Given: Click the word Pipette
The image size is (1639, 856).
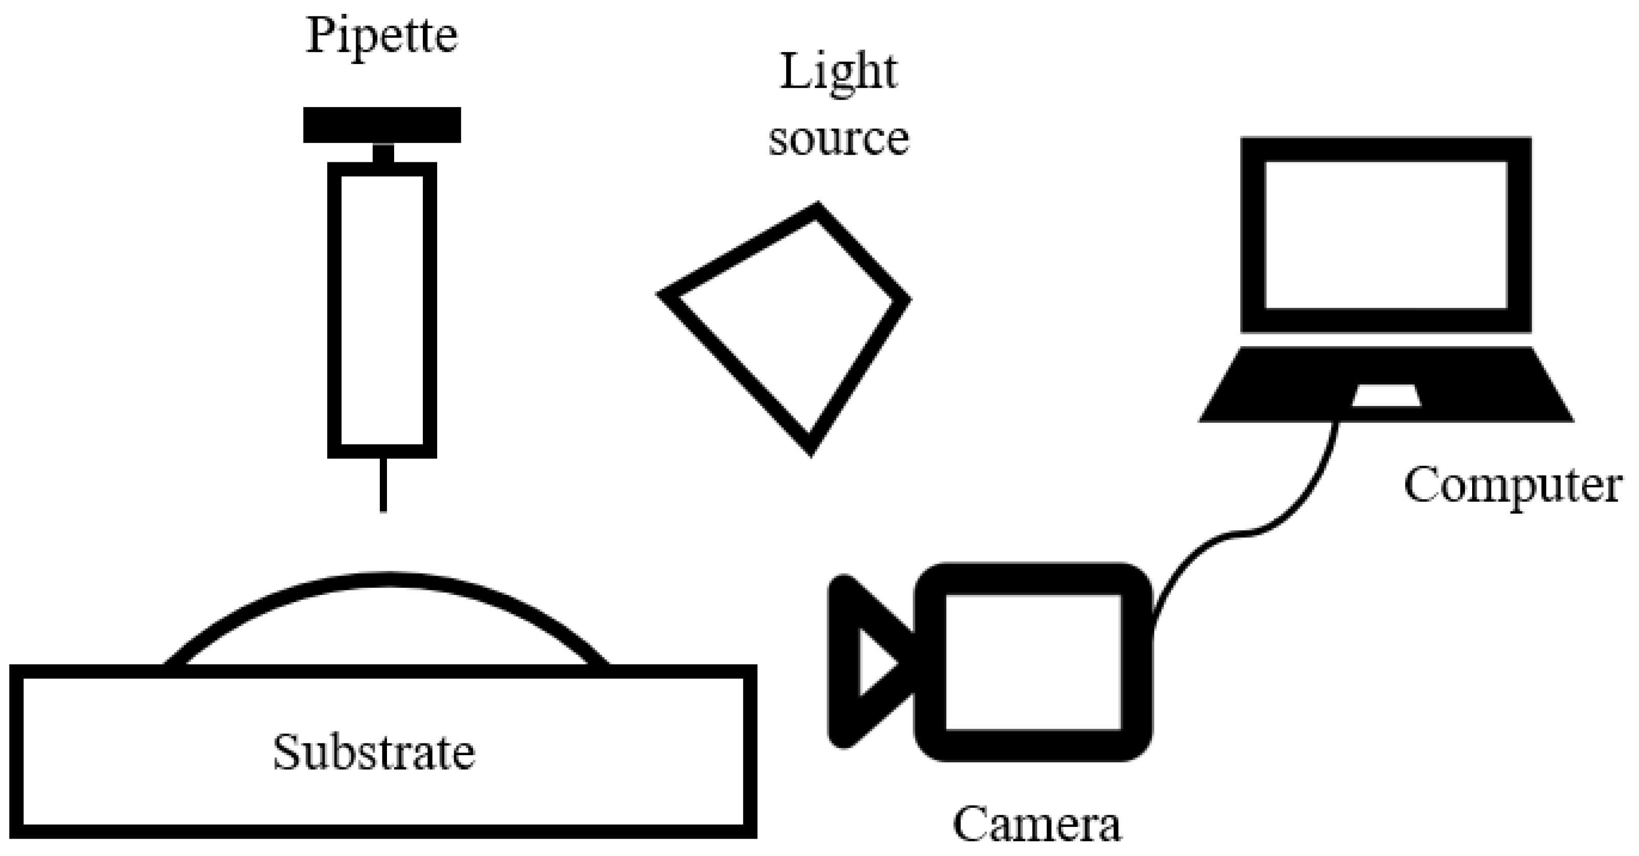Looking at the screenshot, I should pyautogui.click(x=382, y=36).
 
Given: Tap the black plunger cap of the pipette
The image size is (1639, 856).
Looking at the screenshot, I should pyautogui.click(x=382, y=125).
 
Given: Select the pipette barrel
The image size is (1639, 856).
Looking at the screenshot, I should pyautogui.click(x=382, y=310).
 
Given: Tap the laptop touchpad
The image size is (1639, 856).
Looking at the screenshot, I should pyautogui.click(x=1386, y=395).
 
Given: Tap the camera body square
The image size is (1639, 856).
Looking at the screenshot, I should pyautogui.click(x=1032, y=661).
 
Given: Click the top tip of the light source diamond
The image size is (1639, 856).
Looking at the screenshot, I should pyautogui.click(x=817, y=208).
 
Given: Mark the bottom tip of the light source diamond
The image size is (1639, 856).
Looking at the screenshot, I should pyautogui.click(x=810, y=450).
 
